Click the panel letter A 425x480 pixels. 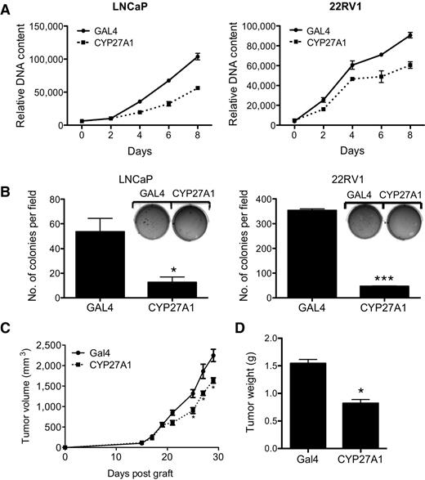coord(7,9)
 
